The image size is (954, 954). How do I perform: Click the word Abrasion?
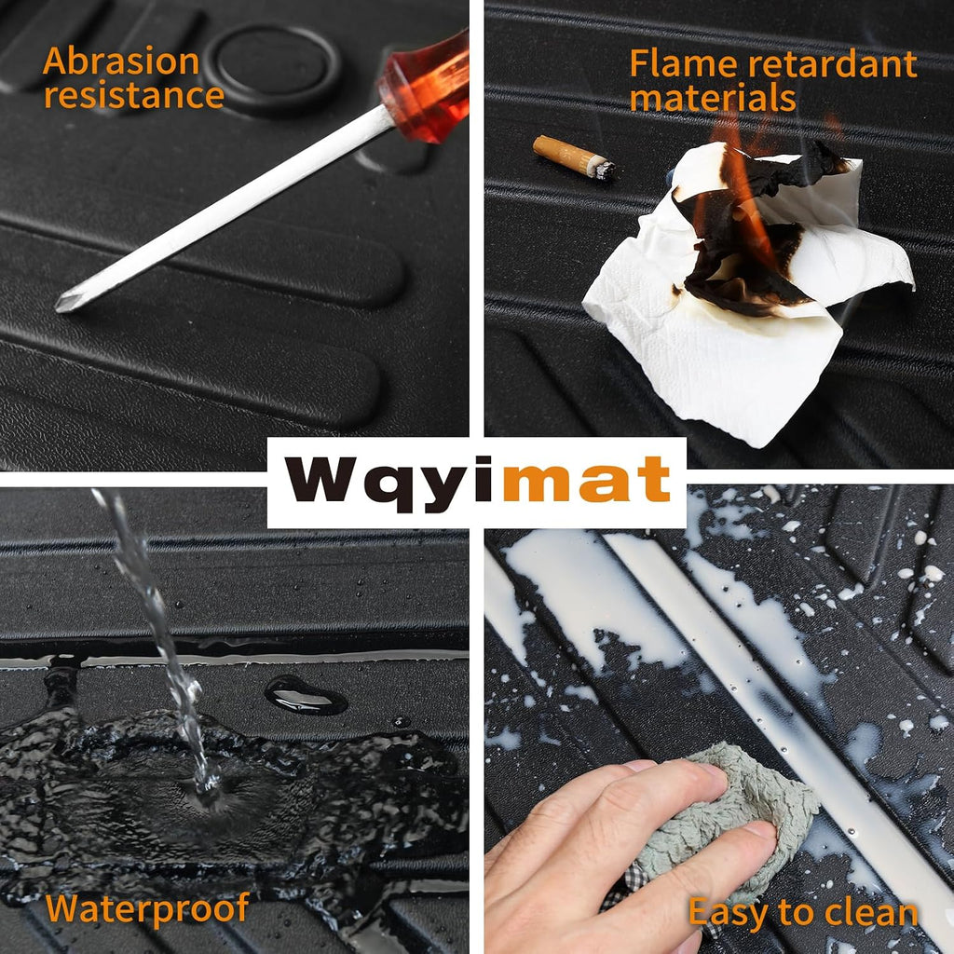121,61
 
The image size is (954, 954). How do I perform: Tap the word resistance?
134,96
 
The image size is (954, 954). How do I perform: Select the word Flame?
682,63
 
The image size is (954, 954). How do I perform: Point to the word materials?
713,97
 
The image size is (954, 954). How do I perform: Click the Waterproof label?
147,909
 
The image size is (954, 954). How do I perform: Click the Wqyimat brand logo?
478,483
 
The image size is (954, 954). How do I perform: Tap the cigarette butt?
573,157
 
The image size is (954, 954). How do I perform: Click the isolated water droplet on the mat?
306,695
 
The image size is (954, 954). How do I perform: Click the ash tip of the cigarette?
604,170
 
